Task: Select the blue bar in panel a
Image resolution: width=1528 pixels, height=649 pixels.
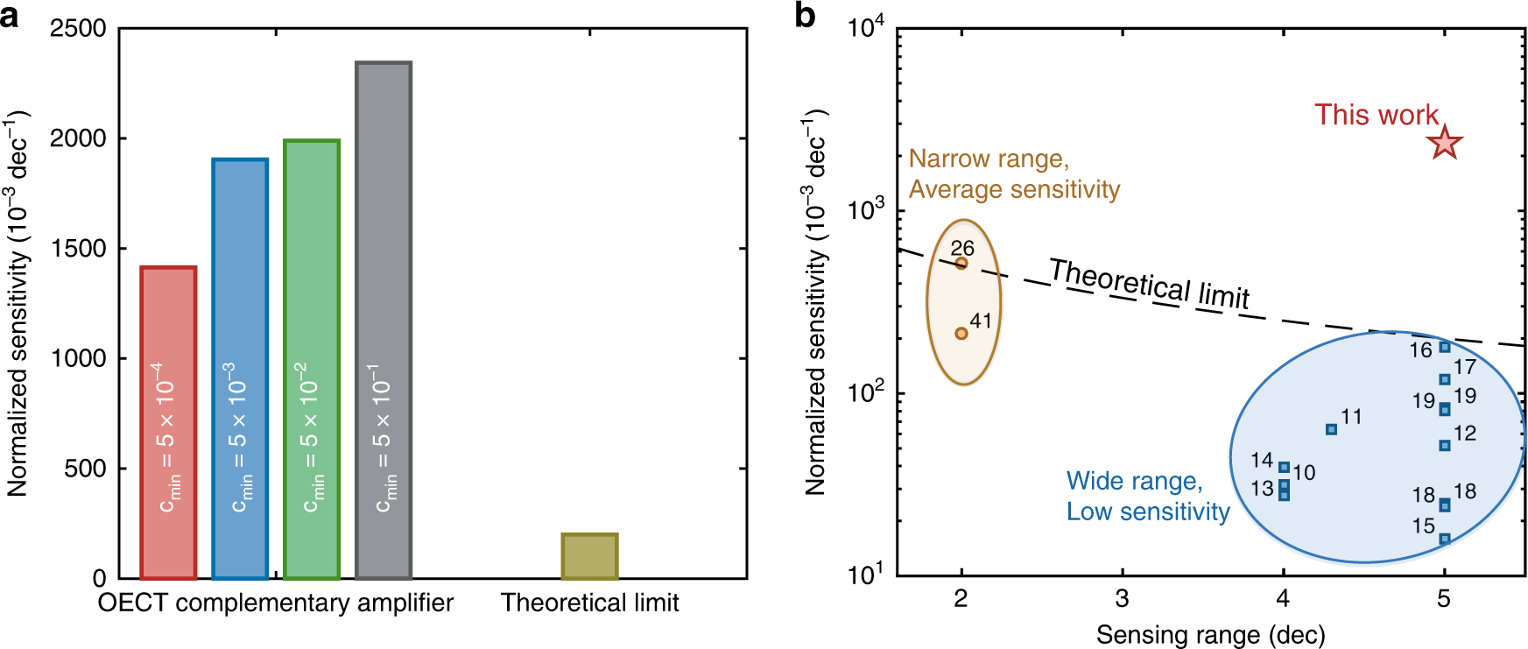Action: tap(240, 368)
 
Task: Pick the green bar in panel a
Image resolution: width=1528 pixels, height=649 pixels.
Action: tap(312, 359)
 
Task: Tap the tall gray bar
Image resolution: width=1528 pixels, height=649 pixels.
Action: tap(384, 320)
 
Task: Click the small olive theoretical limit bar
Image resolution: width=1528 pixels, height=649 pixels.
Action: tap(589, 556)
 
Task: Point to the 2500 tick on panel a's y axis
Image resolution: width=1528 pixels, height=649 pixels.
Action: tap(78, 29)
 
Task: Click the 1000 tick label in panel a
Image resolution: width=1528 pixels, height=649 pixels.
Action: tap(78, 358)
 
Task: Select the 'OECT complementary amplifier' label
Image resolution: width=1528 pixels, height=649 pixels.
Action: tap(276, 603)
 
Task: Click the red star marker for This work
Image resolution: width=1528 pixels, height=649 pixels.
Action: tap(1445, 143)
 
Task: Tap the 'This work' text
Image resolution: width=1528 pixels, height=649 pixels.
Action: tap(1376, 115)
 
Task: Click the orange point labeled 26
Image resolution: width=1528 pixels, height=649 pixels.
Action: tap(961, 263)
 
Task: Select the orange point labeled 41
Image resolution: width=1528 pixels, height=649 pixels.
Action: tap(961, 333)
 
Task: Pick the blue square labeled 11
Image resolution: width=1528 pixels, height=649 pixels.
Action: tap(1331, 429)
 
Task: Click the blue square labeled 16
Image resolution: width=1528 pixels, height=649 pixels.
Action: tap(1445, 347)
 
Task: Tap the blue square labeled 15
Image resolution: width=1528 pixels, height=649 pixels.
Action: tap(1445, 539)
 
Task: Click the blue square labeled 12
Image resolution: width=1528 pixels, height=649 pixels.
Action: tap(1445, 445)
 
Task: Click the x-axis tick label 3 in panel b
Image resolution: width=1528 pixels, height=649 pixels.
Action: tap(1123, 599)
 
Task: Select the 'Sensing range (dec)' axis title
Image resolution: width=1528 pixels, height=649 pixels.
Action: tap(1210, 634)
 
